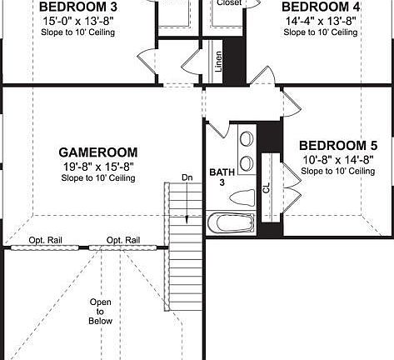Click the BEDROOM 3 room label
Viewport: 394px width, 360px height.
79,6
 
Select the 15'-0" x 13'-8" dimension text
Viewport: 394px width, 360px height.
79,20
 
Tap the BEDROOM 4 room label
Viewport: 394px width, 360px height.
321,6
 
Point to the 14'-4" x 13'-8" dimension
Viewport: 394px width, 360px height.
321,20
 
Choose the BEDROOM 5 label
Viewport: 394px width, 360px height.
337,142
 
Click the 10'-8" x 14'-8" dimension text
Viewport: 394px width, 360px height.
337,157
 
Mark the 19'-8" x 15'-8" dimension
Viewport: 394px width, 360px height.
97,166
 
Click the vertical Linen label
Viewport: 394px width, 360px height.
218,62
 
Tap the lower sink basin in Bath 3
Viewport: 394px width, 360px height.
247,162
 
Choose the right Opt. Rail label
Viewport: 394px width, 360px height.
122,241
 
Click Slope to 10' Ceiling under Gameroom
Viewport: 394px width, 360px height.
97,178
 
